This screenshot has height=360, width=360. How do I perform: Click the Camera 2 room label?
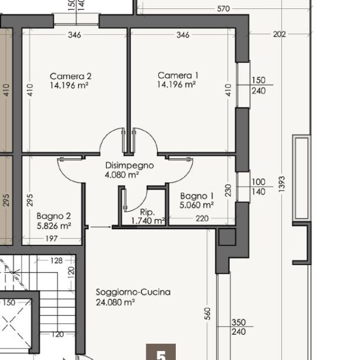click(70, 76)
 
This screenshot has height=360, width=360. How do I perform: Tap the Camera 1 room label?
click(178, 76)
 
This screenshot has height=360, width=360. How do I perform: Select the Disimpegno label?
click(130, 166)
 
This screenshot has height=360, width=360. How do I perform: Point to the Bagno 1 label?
click(197, 196)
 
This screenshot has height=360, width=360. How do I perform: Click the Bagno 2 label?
click(53, 216)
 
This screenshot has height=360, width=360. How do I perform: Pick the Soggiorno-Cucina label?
click(133, 292)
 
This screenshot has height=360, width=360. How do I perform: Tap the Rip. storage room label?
click(148, 212)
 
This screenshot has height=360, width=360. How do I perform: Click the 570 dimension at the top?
click(223, 9)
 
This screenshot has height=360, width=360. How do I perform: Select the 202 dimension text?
click(280, 34)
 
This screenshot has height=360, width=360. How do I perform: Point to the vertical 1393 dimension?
click(281, 184)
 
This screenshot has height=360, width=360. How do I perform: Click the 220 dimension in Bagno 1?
click(202, 218)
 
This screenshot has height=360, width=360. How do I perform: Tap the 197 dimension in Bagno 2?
click(52, 239)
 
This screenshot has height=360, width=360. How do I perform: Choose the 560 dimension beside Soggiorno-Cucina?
click(207, 314)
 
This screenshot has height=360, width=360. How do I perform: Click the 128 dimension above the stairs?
click(56, 260)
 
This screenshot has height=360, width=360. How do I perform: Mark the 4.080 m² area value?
click(122, 175)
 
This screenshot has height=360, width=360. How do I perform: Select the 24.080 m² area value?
click(115, 302)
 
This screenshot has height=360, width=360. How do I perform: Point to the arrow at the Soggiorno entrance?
click(101, 227)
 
